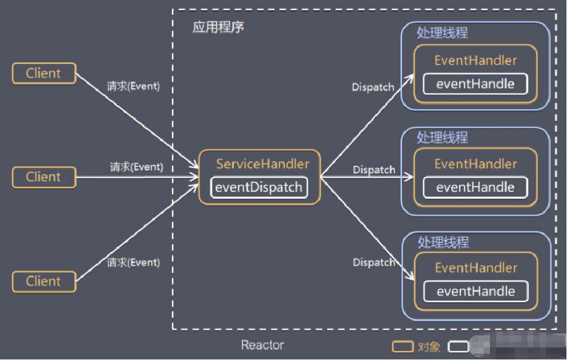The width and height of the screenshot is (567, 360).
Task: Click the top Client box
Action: click(44, 74)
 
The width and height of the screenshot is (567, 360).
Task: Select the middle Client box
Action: click(44, 177)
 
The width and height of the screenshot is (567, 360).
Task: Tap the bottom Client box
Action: click(44, 281)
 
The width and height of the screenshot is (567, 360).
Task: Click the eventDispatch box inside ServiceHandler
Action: click(259, 187)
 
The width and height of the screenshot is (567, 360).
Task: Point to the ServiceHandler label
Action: click(262, 164)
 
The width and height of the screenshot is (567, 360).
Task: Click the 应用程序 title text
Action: click(218, 27)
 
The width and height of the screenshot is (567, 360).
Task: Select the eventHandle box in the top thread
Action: click(475, 84)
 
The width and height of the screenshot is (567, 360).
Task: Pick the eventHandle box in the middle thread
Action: click(475, 187)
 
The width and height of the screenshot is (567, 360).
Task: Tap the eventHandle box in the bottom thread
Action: click(475, 291)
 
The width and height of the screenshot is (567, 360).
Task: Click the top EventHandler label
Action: click(475, 61)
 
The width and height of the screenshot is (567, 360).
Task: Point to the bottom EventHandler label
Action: click(475, 268)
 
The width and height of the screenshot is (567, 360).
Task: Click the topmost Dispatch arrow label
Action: click(373, 87)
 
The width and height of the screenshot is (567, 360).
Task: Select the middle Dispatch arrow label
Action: click(373, 170)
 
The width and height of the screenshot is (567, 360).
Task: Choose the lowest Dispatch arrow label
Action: click(373, 262)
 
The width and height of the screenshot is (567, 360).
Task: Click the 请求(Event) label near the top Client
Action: click(133, 87)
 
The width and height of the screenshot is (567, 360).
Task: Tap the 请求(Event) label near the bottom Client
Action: click(133, 262)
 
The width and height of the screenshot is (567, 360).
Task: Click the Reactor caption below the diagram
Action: click(262, 345)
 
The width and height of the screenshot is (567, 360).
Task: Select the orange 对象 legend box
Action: click(403, 346)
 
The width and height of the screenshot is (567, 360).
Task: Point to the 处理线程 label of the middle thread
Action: click(443, 137)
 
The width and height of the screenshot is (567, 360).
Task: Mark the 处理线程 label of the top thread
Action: click(443, 33)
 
